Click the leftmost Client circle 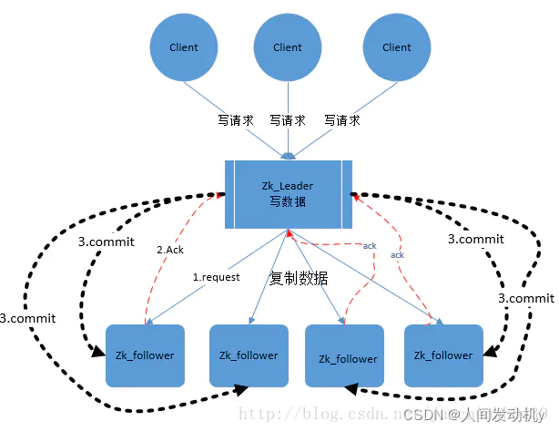pyautogui.click(x=184, y=47)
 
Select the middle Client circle pyautogui.click(x=288, y=47)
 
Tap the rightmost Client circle pyautogui.click(x=396, y=47)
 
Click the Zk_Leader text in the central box pyautogui.click(x=287, y=186)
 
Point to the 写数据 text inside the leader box pyautogui.click(x=287, y=201)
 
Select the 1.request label pyautogui.click(x=216, y=276)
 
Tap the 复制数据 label pyautogui.click(x=299, y=279)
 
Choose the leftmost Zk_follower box pyautogui.click(x=145, y=355)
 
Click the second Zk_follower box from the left pyautogui.click(x=249, y=355)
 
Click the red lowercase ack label pyautogui.click(x=370, y=246)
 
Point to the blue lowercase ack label pyautogui.click(x=397, y=255)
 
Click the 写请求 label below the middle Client pyautogui.click(x=288, y=119)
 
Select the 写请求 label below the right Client pyautogui.click(x=342, y=119)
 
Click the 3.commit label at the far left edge pyautogui.click(x=28, y=318)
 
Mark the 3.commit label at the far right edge pyautogui.click(x=525, y=298)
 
